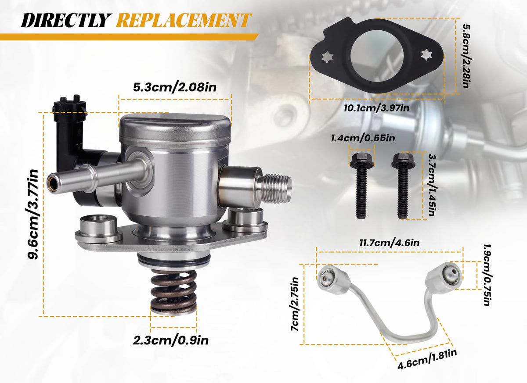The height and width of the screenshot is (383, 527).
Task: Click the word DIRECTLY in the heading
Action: (x=66, y=20)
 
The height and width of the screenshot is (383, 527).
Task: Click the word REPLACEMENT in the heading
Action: (x=184, y=20)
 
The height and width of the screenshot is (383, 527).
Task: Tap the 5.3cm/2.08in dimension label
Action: (x=175, y=87)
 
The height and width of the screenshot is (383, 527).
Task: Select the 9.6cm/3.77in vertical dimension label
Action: (x=32, y=214)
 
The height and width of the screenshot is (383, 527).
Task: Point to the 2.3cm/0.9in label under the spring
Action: (x=171, y=340)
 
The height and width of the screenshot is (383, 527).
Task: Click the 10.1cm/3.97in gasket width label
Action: (x=376, y=108)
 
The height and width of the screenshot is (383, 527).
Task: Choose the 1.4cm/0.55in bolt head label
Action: (x=363, y=138)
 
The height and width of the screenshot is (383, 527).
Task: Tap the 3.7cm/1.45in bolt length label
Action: (x=432, y=185)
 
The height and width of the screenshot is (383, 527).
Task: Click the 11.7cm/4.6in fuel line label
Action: (x=390, y=243)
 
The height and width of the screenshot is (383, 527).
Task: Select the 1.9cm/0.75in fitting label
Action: (x=487, y=275)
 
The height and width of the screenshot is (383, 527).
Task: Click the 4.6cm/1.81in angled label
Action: (x=427, y=359)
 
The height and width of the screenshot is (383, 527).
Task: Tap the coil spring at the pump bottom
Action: (x=173, y=292)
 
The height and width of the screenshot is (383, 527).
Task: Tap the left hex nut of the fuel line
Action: (x=332, y=279)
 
